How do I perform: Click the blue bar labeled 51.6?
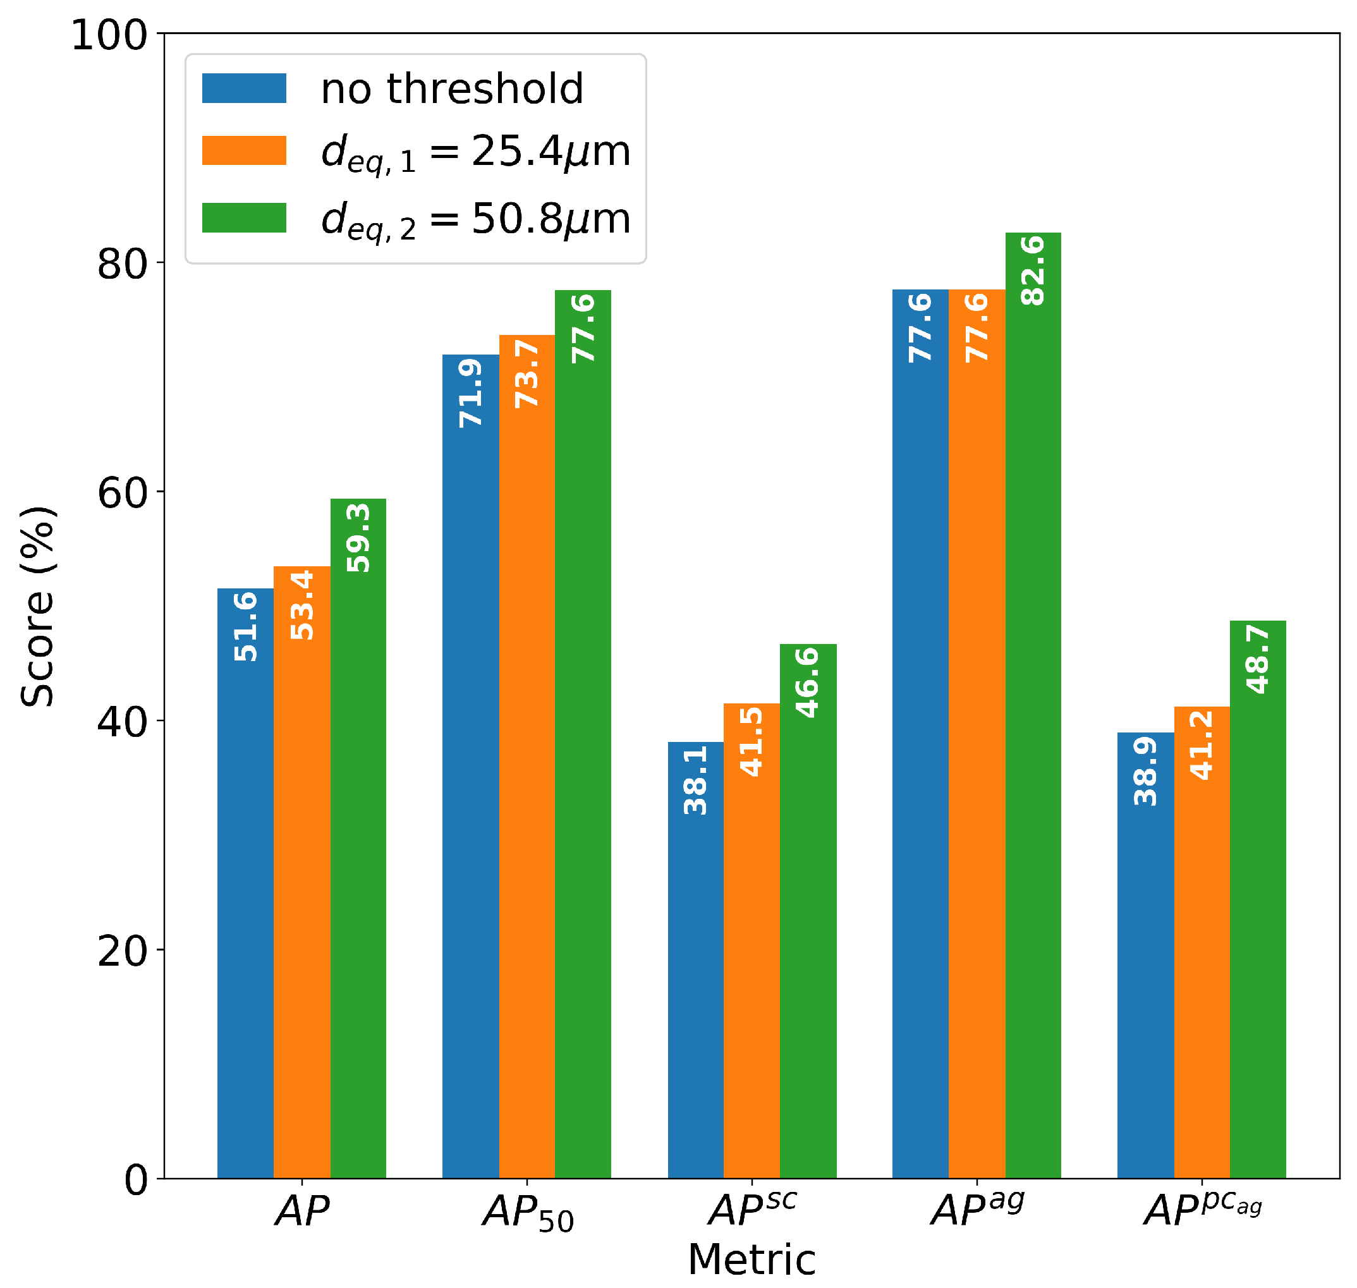(x=245, y=885)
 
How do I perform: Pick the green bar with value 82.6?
(x=1033, y=707)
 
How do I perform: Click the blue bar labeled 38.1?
(x=696, y=961)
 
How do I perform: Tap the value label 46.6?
(x=808, y=683)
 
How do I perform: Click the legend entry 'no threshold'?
(x=452, y=89)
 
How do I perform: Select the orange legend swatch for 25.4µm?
(x=244, y=150)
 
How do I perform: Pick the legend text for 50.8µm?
(x=475, y=220)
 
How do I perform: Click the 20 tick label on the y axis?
(x=122, y=952)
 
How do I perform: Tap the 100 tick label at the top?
(x=110, y=35)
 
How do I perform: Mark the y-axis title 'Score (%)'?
(x=37, y=607)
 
